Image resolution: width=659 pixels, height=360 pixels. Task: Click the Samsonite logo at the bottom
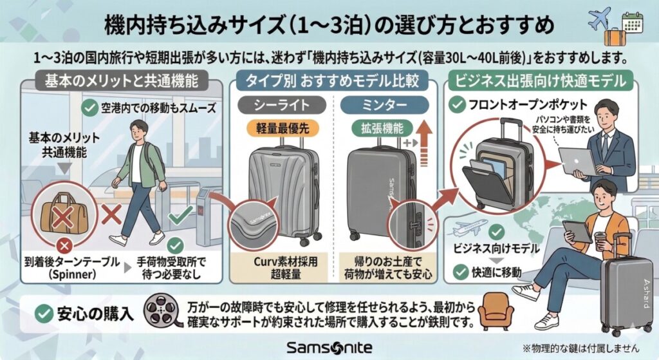pos(329,347)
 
